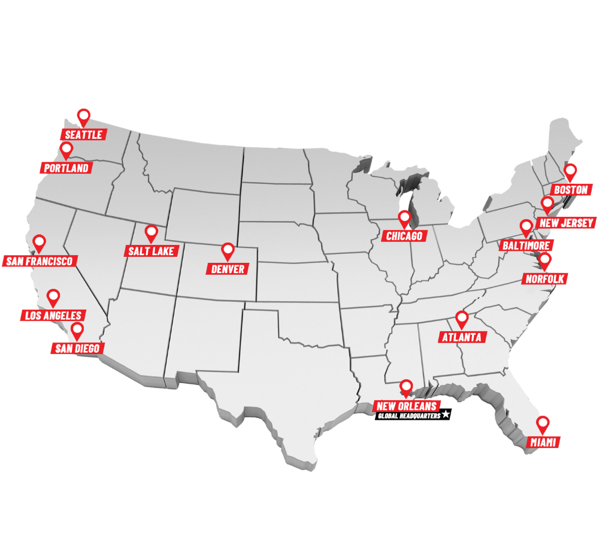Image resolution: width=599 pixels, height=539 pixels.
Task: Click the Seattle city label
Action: pyautogui.click(x=84, y=135)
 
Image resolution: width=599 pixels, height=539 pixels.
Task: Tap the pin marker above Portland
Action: pyautogui.click(x=66, y=149)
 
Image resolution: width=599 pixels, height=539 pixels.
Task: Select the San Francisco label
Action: pyautogui.click(x=40, y=261)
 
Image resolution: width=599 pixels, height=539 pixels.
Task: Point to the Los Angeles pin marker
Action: pyautogui.click(x=53, y=296)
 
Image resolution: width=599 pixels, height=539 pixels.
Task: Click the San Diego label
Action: pyautogui.click(x=77, y=348)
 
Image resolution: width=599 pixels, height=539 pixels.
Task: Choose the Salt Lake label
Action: pyautogui.click(x=151, y=251)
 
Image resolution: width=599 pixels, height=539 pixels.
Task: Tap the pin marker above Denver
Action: pyautogui.click(x=228, y=250)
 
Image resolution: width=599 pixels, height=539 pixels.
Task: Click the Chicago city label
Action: pyautogui.click(x=404, y=236)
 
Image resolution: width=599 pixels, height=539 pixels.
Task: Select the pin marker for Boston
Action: pyautogui.click(x=571, y=171)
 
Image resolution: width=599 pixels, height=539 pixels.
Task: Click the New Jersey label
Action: pyautogui.click(x=566, y=223)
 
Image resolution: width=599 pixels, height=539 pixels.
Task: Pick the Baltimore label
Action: pyautogui.click(x=526, y=246)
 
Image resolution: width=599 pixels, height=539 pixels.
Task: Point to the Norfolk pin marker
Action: pyautogui.click(x=544, y=260)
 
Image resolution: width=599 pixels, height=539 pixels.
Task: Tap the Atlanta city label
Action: pyautogui.click(x=462, y=337)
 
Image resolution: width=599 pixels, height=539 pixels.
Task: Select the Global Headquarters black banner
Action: pyautogui.click(x=409, y=415)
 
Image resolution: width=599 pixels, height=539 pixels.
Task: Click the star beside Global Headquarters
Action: pyautogui.click(x=446, y=414)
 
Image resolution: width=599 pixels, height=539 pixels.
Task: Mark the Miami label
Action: pyautogui.click(x=544, y=443)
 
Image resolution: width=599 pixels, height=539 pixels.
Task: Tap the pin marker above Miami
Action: pyautogui.click(x=543, y=423)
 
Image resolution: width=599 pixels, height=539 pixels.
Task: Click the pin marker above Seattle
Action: pyautogui.click(x=84, y=115)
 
